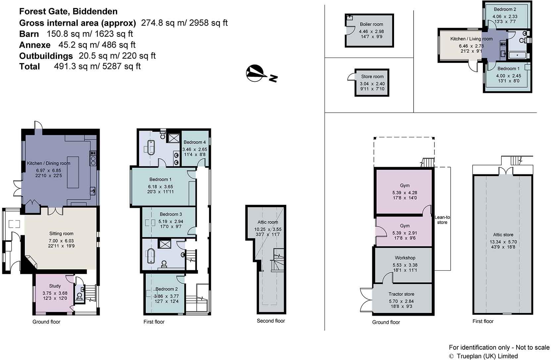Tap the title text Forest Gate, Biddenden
68,12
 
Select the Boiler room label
371,24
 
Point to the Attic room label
268,222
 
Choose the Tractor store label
401,294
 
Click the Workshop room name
405,258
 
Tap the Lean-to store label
442,220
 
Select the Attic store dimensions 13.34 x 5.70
503,242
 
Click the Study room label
55,286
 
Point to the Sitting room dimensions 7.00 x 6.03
61,241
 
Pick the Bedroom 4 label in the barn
195,142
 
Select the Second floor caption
271,321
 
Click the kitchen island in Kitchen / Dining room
73,172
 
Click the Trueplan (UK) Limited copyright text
487,356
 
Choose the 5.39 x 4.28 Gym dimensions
405,193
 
